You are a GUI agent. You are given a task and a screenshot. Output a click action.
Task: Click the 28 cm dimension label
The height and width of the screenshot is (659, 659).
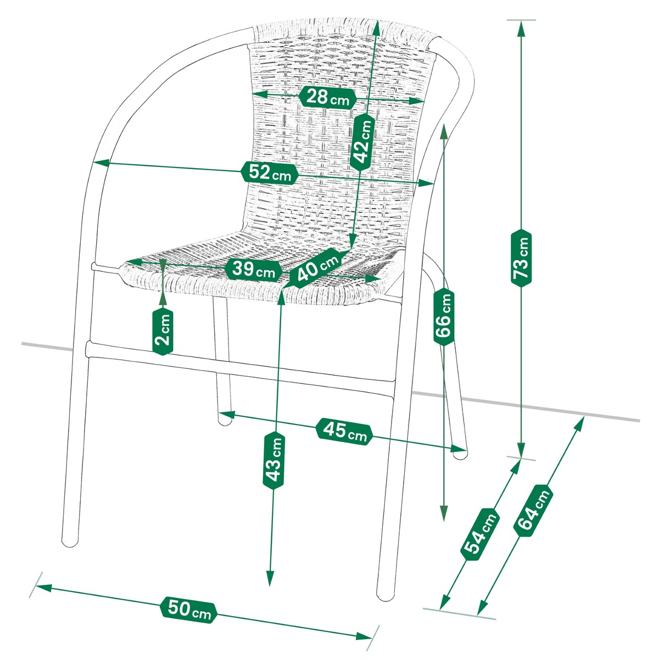[328, 97]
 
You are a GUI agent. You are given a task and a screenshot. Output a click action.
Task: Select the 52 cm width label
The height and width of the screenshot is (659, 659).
[270, 172]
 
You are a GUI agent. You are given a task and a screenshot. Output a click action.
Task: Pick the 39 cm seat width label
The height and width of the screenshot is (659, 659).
[253, 270]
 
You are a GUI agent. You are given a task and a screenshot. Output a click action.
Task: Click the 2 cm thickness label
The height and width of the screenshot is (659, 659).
[163, 331]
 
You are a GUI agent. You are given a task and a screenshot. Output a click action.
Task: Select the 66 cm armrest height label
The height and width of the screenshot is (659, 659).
[444, 317]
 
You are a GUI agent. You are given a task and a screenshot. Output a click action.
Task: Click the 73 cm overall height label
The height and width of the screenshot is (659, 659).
[522, 258]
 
